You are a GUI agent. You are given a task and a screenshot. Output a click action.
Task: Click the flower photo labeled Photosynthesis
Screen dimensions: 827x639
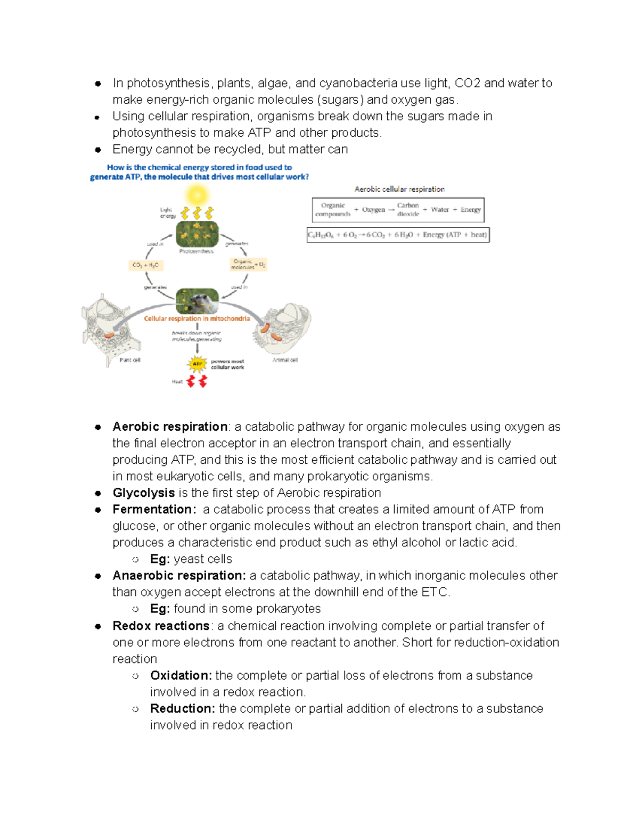pos(197,234)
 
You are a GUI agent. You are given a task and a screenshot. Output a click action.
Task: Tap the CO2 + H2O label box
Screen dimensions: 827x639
pos(145,265)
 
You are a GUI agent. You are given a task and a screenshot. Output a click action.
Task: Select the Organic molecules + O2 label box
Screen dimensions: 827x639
pos(248,265)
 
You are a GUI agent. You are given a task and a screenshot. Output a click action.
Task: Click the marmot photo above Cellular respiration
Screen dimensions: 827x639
pos(197,301)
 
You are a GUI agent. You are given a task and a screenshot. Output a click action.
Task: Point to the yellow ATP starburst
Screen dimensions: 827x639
pos(197,364)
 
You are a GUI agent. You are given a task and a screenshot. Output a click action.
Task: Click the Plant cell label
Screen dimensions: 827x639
pos(130,361)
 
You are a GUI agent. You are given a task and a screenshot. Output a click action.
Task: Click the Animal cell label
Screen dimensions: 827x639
pos(285,361)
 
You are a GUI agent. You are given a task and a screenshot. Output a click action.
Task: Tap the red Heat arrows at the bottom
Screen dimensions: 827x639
pos(196,381)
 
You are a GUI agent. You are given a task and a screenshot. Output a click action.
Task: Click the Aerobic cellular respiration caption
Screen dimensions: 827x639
pos(399,189)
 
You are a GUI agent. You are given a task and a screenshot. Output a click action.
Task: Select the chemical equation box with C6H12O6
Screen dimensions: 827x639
pos(398,235)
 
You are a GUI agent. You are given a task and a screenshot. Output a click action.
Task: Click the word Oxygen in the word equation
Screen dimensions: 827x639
pos(373,210)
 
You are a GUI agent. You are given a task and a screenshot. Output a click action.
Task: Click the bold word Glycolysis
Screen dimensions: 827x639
pos(143,493)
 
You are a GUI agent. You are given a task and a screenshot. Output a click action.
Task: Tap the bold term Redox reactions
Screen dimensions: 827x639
pos(161,626)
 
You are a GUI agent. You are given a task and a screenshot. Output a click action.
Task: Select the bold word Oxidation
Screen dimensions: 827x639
pos(181,675)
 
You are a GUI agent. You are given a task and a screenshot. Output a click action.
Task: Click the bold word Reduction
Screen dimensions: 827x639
pos(182,709)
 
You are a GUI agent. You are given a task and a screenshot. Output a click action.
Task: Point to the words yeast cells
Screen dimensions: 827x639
pos(203,559)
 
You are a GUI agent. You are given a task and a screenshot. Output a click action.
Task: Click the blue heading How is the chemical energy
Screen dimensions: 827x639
pos(199,167)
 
